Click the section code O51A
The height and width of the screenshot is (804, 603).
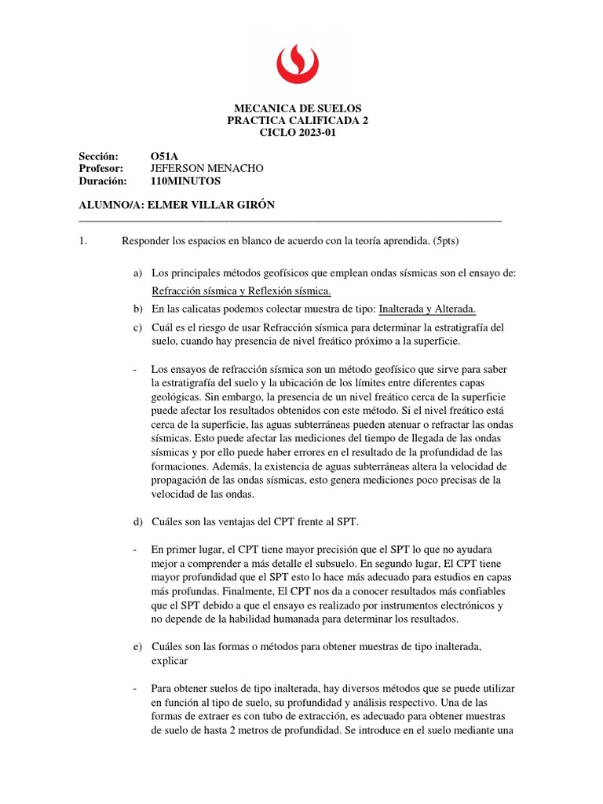164,155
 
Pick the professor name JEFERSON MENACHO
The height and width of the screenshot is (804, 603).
206,168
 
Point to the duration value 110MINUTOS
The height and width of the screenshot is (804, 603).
185,181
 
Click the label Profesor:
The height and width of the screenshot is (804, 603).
101,168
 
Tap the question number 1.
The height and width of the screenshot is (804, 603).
83,241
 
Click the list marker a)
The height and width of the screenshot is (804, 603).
139,272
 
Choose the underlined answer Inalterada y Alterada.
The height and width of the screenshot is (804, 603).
428,309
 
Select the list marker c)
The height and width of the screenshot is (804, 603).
139,327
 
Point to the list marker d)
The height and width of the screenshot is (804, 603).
139,523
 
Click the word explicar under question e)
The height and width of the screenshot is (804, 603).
173,661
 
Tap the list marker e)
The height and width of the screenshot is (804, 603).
139,645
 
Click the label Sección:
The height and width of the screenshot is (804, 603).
98,155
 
